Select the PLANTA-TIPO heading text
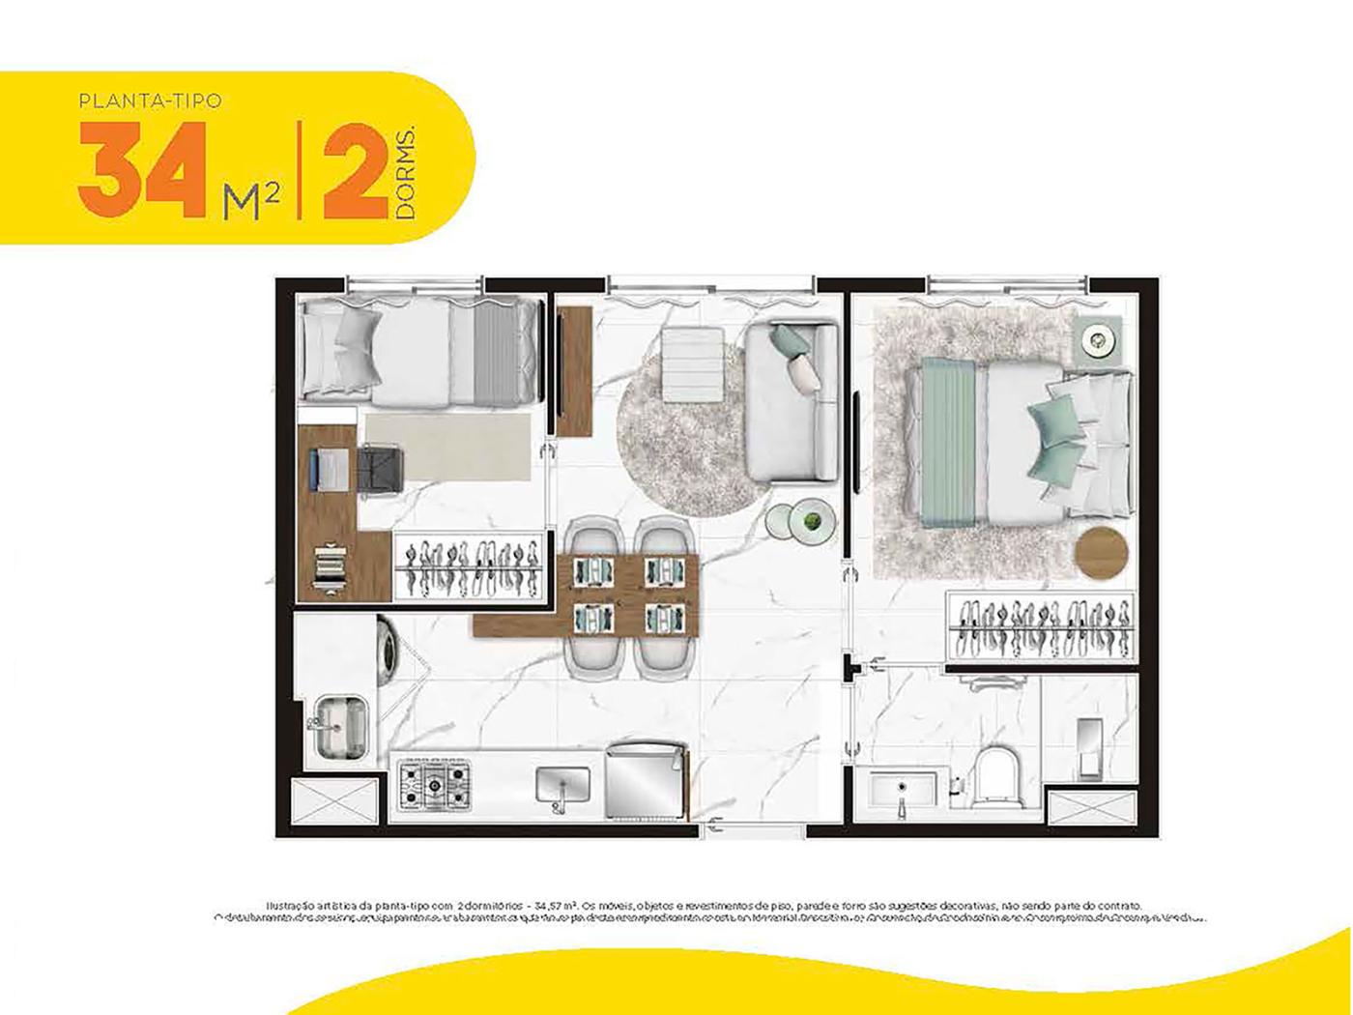[x=151, y=100]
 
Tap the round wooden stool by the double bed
[x=1101, y=552]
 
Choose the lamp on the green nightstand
[x=1099, y=337]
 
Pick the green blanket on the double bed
[x=952, y=441]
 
